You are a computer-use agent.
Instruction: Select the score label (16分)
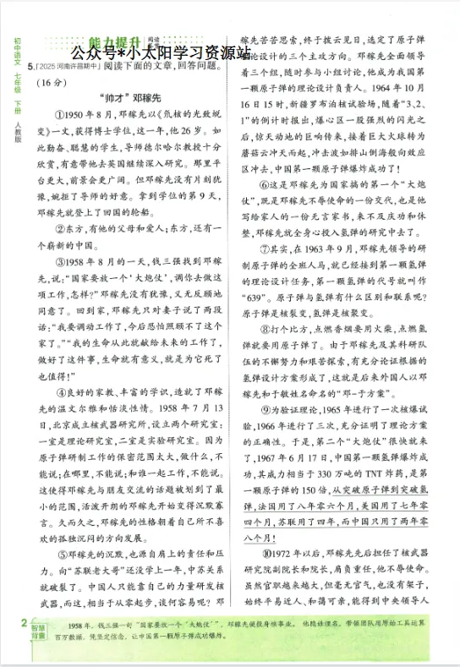click(x=52, y=82)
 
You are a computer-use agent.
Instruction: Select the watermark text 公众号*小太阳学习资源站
click(x=161, y=52)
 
